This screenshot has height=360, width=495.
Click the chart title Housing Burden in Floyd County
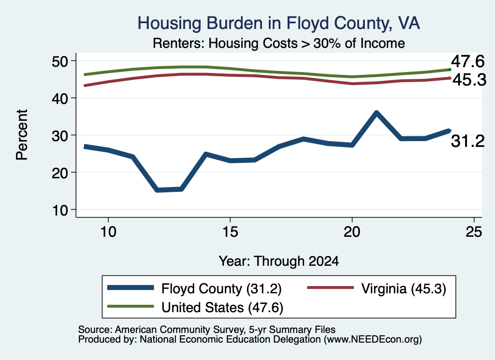click(x=278, y=23)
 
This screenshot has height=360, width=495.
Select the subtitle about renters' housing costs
click(x=279, y=43)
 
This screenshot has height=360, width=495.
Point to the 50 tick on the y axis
click(x=59, y=61)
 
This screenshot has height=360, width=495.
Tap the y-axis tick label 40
click(x=59, y=99)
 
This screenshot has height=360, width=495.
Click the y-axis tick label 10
click(x=59, y=210)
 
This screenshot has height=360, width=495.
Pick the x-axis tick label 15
click(x=230, y=232)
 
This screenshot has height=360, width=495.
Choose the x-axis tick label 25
click(x=474, y=232)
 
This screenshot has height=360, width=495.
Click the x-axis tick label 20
click(x=352, y=232)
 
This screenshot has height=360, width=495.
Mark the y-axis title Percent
click(x=22, y=135)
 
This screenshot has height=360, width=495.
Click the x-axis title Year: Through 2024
click(x=279, y=261)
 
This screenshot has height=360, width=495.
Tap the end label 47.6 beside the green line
click(x=467, y=61)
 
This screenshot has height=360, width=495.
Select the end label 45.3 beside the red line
click(x=469, y=80)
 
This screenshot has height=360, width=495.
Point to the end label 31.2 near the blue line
click(x=467, y=141)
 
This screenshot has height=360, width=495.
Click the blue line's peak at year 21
click(x=376, y=113)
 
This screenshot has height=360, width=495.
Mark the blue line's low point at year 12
click(x=157, y=190)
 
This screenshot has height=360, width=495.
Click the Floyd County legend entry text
click(x=221, y=288)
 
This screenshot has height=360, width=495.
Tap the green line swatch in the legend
click(x=131, y=306)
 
